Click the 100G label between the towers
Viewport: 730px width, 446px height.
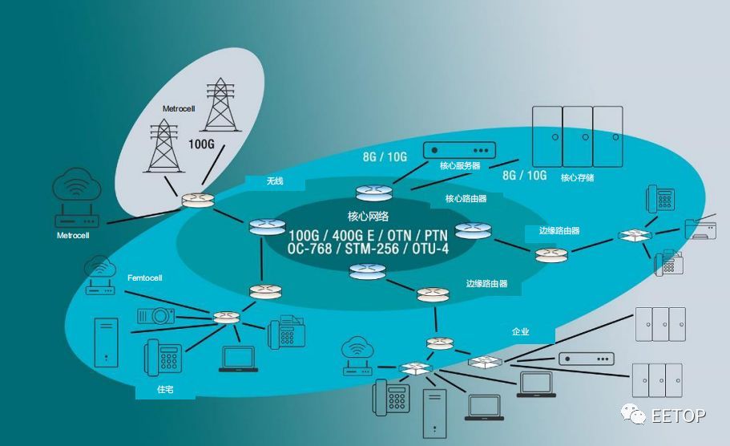[x=202, y=145]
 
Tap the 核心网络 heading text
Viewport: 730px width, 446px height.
[x=368, y=216]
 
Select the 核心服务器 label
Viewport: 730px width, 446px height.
[x=460, y=166]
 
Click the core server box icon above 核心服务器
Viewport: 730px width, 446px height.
[x=460, y=150]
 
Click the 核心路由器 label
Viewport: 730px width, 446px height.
[x=465, y=198]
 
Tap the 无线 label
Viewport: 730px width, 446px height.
[x=275, y=181]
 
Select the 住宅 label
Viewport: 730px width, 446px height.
[x=164, y=390]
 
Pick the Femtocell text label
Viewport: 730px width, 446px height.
[x=145, y=278]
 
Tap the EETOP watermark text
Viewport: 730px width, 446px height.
[x=679, y=416]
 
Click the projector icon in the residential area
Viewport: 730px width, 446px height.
[x=157, y=314]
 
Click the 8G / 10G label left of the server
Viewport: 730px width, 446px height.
[x=385, y=157]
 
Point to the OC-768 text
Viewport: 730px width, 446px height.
[x=313, y=249]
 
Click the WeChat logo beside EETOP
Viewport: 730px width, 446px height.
[x=635, y=414]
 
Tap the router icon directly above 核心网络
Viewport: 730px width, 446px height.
[x=373, y=193]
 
